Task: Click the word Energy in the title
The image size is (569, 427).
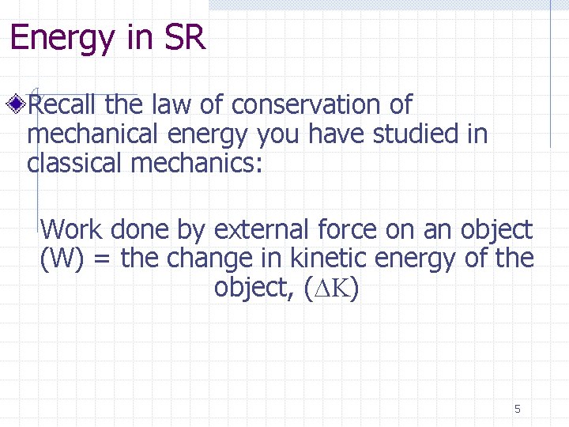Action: pos(59,39)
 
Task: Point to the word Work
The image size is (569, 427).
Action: pos(72,230)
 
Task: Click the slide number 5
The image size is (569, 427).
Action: pos(518,409)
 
